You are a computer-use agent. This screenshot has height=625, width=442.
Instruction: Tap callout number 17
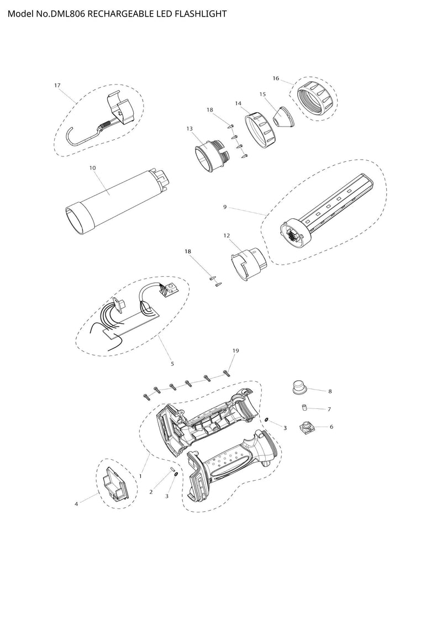point(57,85)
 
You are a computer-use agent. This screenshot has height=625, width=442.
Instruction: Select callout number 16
point(276,78)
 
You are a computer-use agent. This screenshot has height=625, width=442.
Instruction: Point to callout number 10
point(92,168)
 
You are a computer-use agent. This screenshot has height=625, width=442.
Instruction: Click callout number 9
point(225,207)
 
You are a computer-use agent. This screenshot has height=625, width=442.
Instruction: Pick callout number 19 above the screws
point(235,351)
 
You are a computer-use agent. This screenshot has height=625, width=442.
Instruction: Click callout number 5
point(172,364)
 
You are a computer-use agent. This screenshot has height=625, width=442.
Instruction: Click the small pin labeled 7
point(304,407)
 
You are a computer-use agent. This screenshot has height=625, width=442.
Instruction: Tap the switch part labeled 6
point(307,428)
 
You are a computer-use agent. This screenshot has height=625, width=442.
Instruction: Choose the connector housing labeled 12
point(247,264)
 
